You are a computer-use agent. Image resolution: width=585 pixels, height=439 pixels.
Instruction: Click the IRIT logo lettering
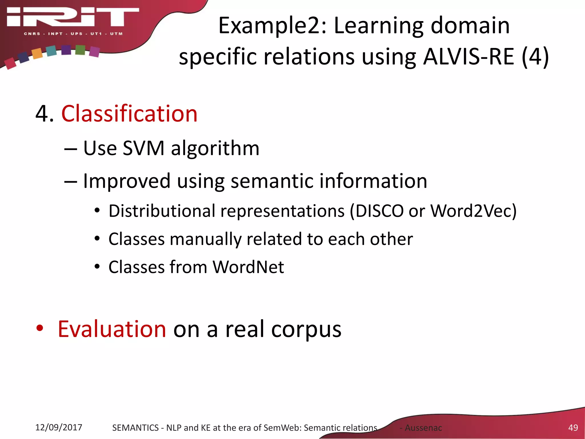(x=73, y=17)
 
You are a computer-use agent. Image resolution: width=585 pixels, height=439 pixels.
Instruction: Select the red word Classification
(x=129, y=114)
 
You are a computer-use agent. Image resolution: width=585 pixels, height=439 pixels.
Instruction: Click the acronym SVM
(x=143, y=148)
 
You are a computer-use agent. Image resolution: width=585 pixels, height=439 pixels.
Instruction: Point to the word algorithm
(x=215, y=148)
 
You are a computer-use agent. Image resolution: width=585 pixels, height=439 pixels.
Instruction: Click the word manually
(x=205, y=239)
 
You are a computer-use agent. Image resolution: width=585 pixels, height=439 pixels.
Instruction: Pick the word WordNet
(x=248, y=267)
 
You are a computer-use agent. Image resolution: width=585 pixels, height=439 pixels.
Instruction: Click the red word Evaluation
(x=112, y=329)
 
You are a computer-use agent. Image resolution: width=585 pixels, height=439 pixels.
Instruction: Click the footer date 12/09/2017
(x=59, y=427)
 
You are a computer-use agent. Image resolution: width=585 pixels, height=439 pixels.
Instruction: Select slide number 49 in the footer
(x=573, y=428)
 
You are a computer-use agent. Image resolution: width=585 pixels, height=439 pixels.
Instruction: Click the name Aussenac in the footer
(x=423, y=428)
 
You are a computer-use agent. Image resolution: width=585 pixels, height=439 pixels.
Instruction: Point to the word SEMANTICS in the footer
(x=135, y=428)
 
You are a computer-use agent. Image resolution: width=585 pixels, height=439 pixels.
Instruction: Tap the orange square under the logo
(x=37, y=53)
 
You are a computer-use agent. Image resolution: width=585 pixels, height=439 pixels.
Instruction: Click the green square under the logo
(x=80, y=50)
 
